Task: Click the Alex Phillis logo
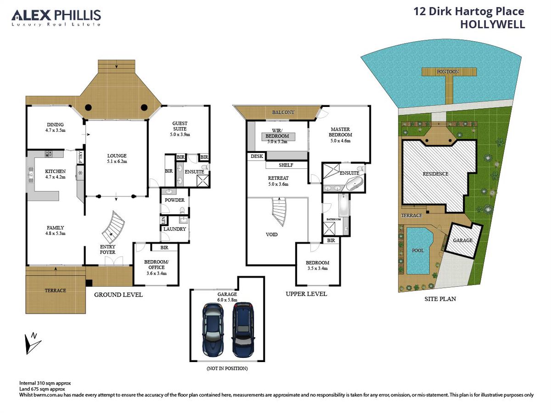tap(56, 17)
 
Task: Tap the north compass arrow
tap(32, 343)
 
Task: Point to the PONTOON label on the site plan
tap(448, 72)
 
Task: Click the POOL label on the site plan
tap(418, 251)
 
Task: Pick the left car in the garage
tap(213, 329)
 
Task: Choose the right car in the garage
tap(243, 329)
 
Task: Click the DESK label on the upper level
tap(257, 156)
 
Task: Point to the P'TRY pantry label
tap(80, 157)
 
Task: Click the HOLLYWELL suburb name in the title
tap(493, 24)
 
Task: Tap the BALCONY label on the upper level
tap(283, 112)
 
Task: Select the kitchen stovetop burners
tap(49, 154)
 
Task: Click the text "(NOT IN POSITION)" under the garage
tap(227, 368)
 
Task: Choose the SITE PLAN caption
tap(440, 299)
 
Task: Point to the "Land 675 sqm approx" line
tap(42, 389)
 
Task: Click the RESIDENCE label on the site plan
tap(436, 174)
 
